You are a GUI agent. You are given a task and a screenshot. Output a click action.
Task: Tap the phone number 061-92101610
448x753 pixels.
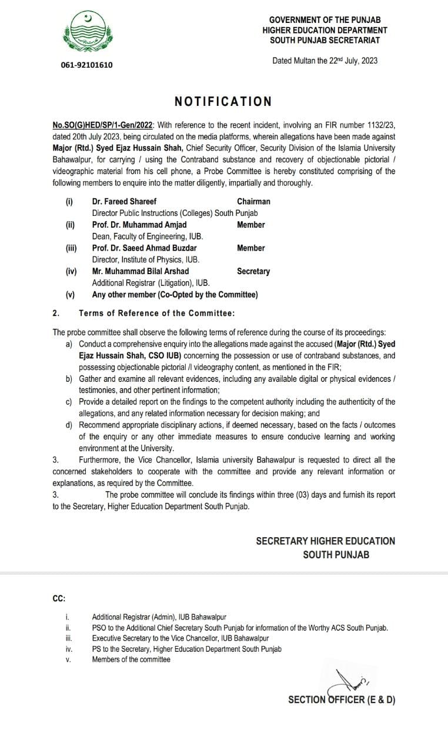click(86, 65)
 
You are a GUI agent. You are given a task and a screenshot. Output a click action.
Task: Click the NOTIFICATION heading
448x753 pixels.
click(223, 101)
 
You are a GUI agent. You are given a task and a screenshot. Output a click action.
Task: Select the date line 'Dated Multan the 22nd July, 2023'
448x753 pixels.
click(325, 61)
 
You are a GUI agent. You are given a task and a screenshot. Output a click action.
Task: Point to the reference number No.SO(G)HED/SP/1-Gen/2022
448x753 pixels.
click(103, 125)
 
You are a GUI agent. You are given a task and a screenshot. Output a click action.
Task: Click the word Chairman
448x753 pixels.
click(253, 201)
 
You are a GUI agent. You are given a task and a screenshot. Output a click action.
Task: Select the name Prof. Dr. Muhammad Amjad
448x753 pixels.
click(139, 225)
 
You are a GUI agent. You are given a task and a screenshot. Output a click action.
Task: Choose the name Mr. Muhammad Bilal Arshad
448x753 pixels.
click(141, 271)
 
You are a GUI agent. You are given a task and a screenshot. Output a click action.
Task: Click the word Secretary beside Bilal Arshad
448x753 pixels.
click(253, 271)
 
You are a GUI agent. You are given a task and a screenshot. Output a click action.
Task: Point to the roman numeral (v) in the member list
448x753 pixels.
click(70, 295)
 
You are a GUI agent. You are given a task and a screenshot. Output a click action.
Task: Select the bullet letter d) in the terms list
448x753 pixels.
click(69, 425)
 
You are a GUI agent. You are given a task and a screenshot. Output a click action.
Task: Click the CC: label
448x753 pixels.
click(59, 598)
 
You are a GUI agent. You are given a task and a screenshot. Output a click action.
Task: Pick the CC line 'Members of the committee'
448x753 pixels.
click(131, 659)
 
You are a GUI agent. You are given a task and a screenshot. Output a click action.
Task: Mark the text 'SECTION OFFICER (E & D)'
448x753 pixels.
click(342, 699)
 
